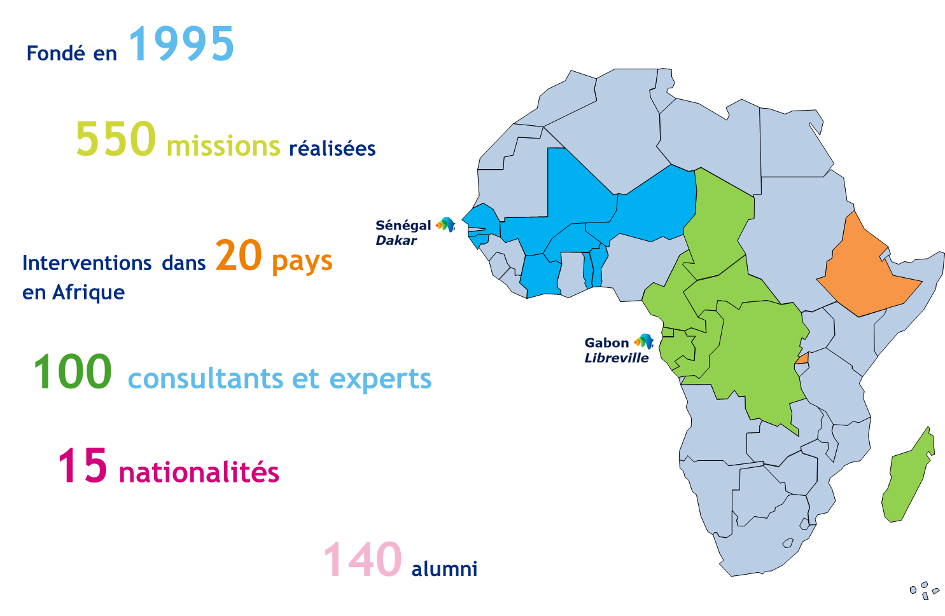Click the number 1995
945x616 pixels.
182,44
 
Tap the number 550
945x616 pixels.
115,139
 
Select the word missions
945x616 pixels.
223,146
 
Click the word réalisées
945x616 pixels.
332,149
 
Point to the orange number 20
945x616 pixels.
239,256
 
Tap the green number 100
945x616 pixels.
73,373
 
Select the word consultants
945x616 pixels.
206,380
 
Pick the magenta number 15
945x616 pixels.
83,465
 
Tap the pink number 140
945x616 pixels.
363,560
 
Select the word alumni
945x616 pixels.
444,568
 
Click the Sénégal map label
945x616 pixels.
403,225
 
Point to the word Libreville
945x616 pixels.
617,358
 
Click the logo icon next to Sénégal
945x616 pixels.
445,224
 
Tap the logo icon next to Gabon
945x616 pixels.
643,341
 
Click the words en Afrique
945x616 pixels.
73,292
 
